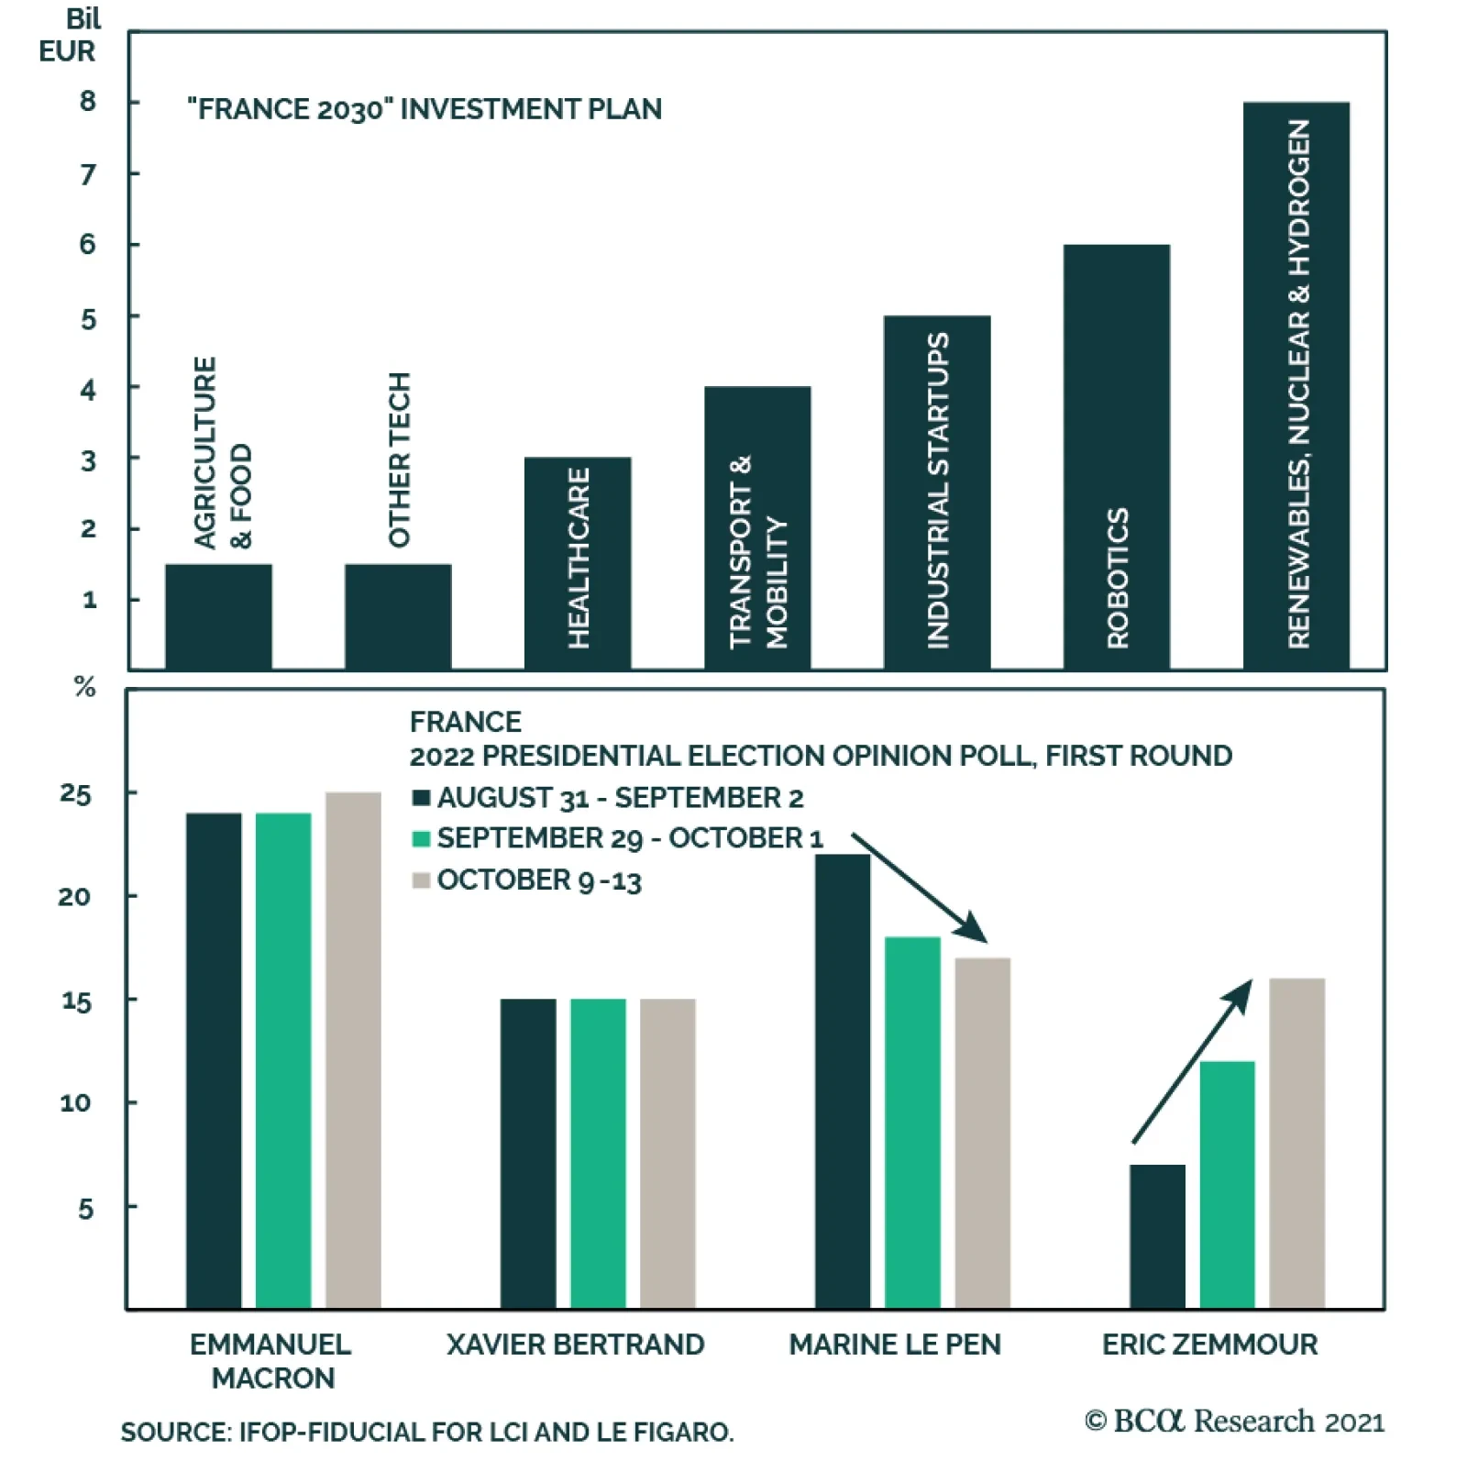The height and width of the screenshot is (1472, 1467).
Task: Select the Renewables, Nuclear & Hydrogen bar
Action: [1296, 385]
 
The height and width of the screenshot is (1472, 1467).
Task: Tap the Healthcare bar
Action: [577, 563]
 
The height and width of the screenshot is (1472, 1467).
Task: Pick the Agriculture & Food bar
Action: [218, 616]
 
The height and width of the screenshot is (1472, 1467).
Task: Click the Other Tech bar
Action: [398, 616]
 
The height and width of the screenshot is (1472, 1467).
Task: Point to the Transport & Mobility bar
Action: [756, 528]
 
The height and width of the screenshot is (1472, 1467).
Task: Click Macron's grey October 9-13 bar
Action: [353, 1050]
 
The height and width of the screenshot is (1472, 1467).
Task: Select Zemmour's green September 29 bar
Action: [1227, 1184]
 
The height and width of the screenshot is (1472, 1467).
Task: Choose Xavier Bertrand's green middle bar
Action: [598, 1153]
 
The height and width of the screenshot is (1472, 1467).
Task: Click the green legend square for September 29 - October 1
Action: [422, 839]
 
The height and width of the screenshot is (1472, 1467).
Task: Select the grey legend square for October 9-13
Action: [422, 880]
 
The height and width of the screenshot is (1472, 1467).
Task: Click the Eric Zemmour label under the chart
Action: [1209, 1345]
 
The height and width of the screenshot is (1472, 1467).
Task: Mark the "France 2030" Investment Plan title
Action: [425, 109]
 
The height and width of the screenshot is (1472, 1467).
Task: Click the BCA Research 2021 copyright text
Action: [1234, 1422]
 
